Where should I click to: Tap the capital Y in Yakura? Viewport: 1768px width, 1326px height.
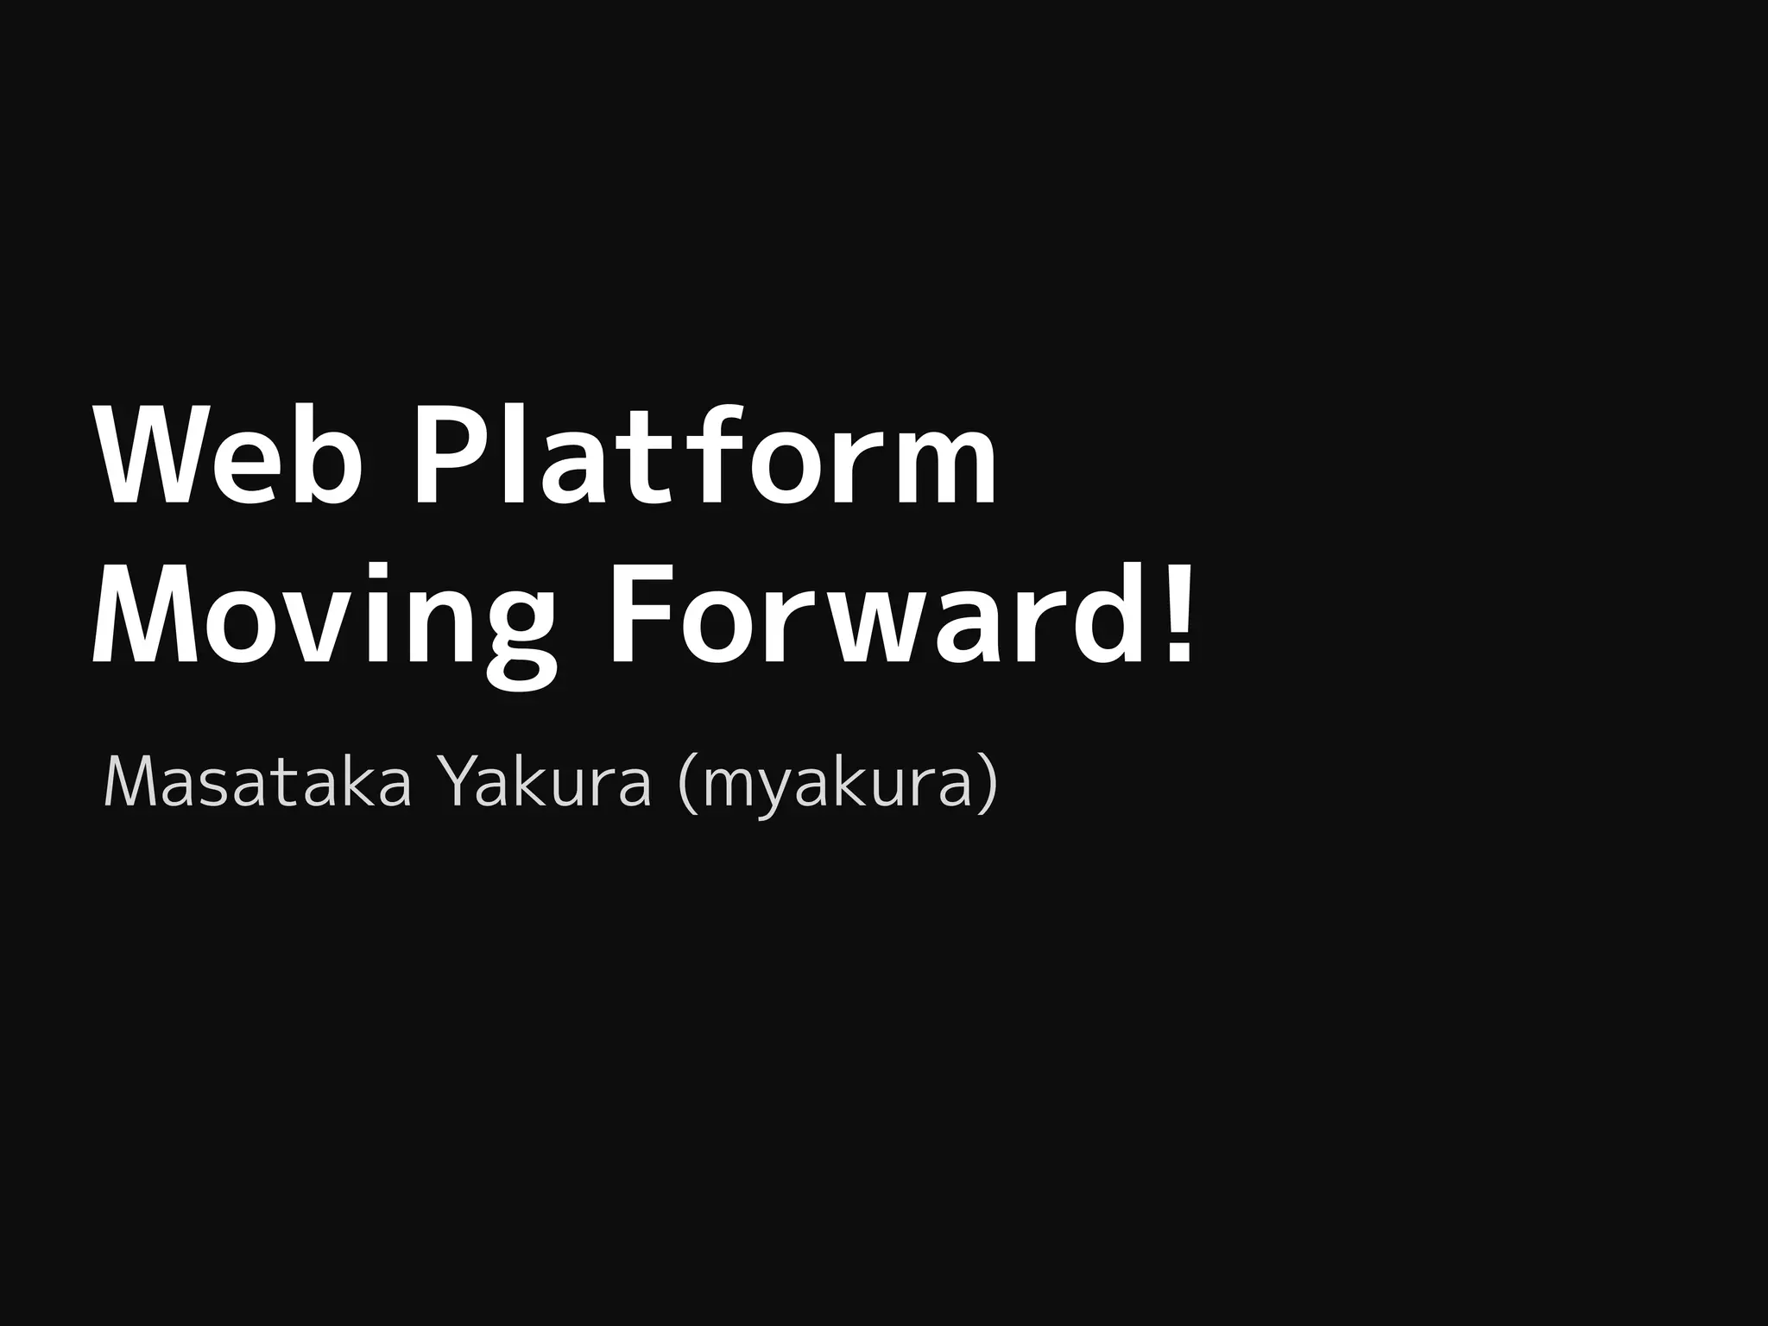point(461,783)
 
